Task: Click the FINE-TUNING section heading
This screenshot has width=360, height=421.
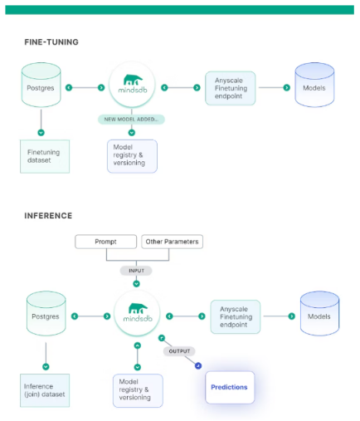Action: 51,42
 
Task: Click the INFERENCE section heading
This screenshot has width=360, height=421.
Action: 48,216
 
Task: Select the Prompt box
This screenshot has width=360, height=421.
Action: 105,242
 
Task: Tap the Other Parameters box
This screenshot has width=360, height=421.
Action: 172,242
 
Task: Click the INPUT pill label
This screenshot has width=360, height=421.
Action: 136,271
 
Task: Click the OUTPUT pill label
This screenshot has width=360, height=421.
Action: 179,351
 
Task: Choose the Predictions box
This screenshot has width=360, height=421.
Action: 230,387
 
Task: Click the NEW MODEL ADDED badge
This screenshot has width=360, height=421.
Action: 131,120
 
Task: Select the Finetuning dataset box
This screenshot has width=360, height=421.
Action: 45,156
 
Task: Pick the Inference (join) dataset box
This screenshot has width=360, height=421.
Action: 45,390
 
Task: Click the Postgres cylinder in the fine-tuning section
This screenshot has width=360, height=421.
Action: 41,85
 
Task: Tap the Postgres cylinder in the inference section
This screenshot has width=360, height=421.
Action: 46,313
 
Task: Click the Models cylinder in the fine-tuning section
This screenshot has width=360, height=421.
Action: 314,85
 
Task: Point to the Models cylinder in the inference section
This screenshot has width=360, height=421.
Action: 319,313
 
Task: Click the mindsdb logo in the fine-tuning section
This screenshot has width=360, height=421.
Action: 132,84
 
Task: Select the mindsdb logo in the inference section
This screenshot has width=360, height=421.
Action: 138,313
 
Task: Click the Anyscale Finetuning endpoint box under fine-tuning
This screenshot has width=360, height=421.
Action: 230,88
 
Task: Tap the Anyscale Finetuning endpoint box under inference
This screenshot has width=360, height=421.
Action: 236,316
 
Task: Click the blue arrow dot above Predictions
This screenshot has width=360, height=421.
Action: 198,366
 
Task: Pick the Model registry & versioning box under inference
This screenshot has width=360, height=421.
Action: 138,390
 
